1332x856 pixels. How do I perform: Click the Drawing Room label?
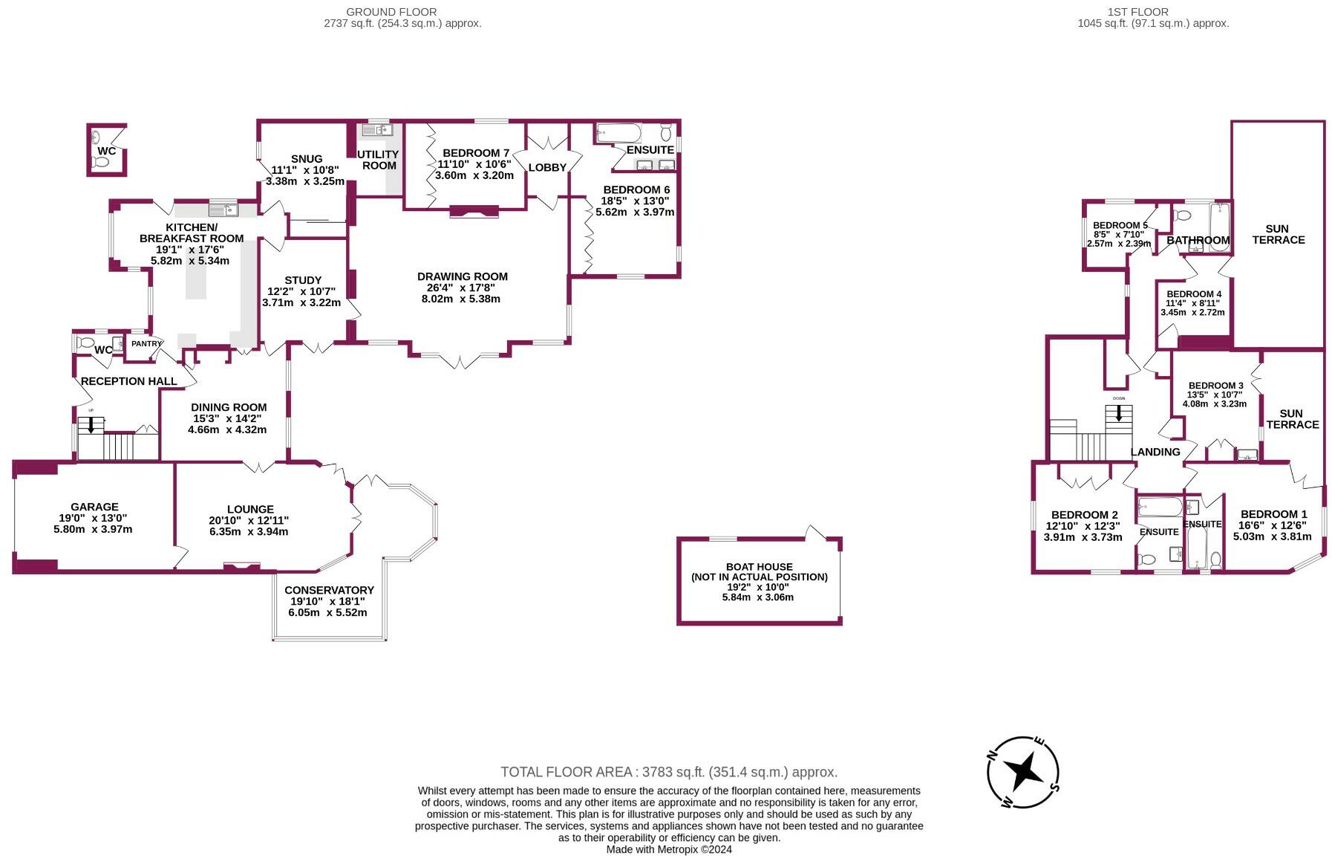[x=462, y=276]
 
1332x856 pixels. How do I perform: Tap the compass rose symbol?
[x=1022, y=773]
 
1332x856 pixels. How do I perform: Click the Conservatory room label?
[x=328, y=590]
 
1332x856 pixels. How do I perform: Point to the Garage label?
[x=94, y=507]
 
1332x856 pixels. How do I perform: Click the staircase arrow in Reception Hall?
[x=91, y=424]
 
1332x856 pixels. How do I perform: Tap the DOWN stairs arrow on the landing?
[x=1118, y=412]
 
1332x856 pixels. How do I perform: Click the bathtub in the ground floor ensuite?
[x=618, y=134]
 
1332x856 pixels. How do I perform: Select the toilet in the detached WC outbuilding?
[x=96, y=137]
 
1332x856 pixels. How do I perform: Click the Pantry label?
[x=146, y=343]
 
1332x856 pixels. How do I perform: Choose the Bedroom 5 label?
[x=1120, y=225]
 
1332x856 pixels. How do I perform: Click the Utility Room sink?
[x=376, y=131]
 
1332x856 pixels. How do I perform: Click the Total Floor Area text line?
[x=668, y=772]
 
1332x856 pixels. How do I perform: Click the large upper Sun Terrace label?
[x=1278, y=234]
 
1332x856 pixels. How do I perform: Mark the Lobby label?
[x=547, y=167]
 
